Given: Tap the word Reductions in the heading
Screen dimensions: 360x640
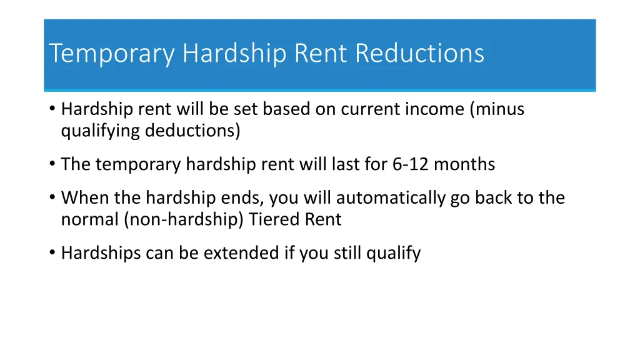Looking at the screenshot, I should [420, 54].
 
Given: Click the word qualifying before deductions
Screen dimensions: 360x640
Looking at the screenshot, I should [101, 131].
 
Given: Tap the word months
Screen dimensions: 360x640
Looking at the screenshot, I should [464, 164].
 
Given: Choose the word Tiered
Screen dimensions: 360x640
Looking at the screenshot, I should [274, 220].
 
